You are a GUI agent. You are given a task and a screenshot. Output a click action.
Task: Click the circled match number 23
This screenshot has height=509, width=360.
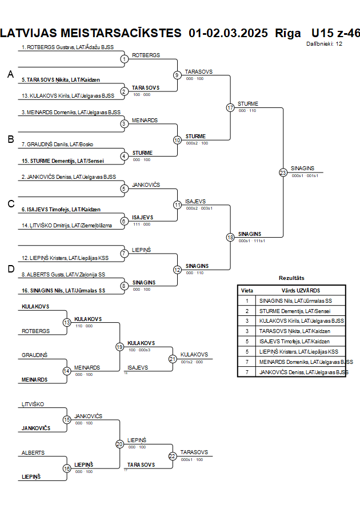point(283,172)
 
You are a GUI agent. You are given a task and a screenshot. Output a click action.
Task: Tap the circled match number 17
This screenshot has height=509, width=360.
point(230,107)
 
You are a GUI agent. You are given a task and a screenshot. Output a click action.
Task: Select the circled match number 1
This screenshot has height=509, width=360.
point(124,59)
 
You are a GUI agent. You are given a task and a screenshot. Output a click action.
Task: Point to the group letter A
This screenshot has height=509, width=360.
point(10,74)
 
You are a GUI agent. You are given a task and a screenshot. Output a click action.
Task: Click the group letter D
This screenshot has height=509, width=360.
point(10,269)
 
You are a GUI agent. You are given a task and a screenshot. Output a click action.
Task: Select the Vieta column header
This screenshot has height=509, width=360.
point(247,290)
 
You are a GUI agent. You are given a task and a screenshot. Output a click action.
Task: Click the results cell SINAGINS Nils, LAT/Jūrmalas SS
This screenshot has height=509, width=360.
point(295,300)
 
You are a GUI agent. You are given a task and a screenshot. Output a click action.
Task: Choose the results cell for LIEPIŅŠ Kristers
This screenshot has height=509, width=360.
point(298,351)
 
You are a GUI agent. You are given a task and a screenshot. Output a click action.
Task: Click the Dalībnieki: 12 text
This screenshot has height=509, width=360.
point(325,43)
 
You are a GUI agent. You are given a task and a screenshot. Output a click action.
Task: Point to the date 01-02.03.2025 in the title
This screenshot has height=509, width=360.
point(228,33)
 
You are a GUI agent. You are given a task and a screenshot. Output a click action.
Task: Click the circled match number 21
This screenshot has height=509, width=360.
point(172,359)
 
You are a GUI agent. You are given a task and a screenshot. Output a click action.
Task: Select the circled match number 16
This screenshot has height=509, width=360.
point(67,468)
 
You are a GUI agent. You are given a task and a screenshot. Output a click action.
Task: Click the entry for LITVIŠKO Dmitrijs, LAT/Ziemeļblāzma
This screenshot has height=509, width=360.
point(67,226)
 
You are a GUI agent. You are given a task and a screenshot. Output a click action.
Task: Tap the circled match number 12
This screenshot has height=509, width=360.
point(177,270)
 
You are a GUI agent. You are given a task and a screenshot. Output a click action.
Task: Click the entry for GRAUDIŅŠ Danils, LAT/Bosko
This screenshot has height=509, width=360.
point(57,145)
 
